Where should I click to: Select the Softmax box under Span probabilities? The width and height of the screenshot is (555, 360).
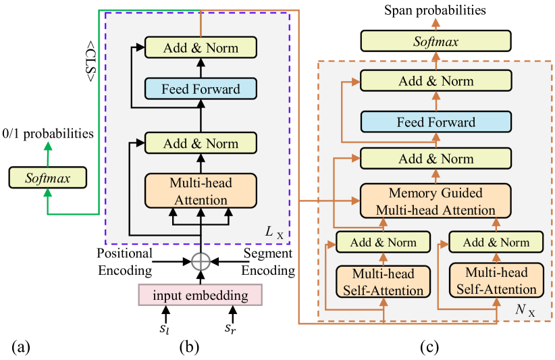(436, 42)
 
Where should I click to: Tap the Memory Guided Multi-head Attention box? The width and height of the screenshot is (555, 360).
(436, 201)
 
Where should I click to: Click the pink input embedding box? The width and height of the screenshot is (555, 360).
(200, 295)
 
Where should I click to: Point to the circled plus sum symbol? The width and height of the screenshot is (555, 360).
(200, 261)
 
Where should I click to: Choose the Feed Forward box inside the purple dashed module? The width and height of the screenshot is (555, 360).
(201, 88)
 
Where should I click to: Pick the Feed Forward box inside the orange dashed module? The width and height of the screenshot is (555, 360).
(436, 122)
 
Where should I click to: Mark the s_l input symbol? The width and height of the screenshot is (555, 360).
(164, 328)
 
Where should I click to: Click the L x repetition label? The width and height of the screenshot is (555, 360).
(275, 233)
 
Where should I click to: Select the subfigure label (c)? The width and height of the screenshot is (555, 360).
(429, 348)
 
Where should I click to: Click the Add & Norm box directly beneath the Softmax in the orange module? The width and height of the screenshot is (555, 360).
(436, 81)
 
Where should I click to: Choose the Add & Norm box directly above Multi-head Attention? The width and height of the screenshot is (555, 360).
(201, 143)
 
